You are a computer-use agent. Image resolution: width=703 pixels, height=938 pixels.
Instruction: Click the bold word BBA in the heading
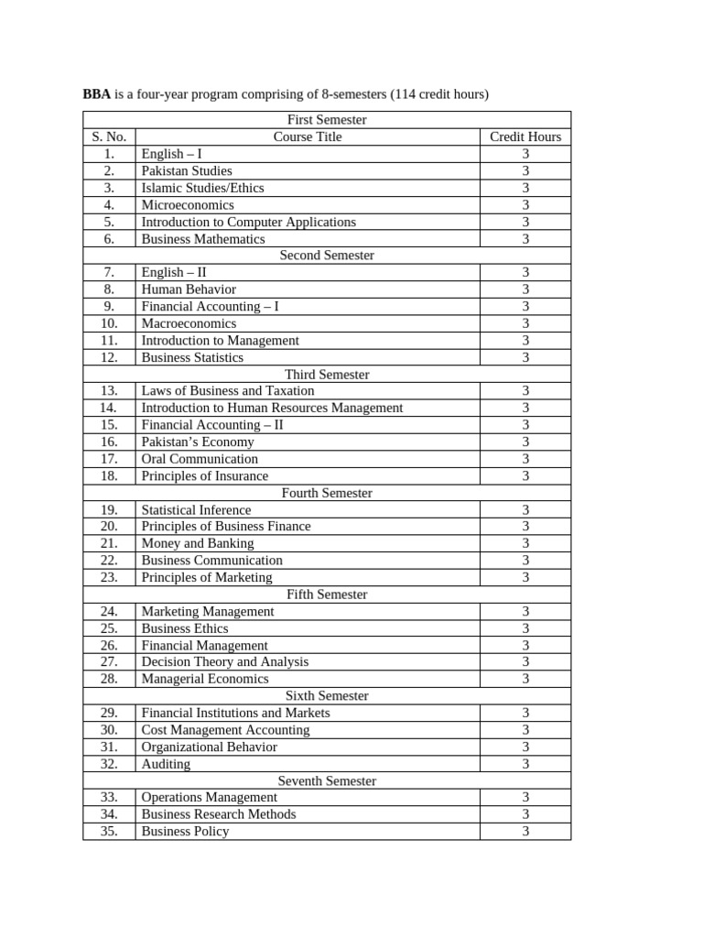(x=96, y=94)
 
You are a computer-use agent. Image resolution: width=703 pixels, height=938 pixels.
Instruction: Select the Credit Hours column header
(x=525, y=136)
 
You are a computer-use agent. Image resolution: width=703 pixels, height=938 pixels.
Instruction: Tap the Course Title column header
(x=308, y=136)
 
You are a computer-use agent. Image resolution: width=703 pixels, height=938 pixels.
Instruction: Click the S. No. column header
(x=109, y=136)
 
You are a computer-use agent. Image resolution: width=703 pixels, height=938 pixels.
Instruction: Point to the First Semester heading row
(x=327, y=120)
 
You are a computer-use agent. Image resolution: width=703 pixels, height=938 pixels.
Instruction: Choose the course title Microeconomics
(x=188, y=205)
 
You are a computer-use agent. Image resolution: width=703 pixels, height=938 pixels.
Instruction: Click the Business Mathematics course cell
(x=203, y=239)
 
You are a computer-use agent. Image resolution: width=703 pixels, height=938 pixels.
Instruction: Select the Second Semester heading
(x=327, y=256)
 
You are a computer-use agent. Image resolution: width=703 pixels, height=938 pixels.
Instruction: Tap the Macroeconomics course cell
(x=189, y=323)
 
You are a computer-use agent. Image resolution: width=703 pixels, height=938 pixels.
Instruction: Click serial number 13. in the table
(x=109, y=391)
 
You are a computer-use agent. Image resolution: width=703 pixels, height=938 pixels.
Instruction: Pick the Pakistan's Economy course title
(x=198, y=442)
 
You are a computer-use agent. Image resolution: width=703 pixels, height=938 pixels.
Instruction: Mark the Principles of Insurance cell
(x=205, y=475)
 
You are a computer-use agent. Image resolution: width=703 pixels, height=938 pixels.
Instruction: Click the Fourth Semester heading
(x=327, y=493)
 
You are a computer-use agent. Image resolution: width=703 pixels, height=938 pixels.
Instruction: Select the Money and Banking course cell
(x=198, y=543)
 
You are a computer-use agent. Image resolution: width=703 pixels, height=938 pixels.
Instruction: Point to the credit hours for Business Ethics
(x=525, y=628)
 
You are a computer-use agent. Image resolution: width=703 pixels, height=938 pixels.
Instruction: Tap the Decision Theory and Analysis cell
(x=225, y=661)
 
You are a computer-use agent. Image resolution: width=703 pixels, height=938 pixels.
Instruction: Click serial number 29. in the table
(x=109, y=713)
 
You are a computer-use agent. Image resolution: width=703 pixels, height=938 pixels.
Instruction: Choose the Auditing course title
(x=166, y=764)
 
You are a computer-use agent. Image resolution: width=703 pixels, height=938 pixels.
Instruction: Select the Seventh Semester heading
(x=327, y=780)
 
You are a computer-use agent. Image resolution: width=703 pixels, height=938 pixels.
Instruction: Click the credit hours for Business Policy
(x=525, y=831)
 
